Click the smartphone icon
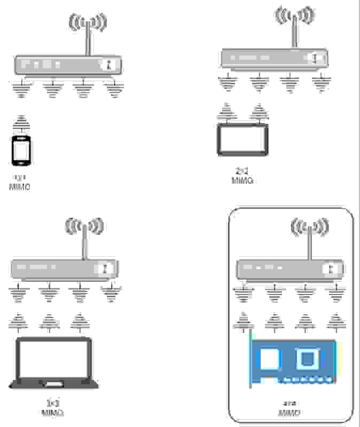coord(21,151)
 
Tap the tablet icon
coord(242,139)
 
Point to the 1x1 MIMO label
coord(20,183)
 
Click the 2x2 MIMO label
coord(242,176)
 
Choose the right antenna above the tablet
coord(259,113)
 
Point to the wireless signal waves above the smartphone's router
coord(88,22)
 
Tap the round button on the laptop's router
coord(106,267)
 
